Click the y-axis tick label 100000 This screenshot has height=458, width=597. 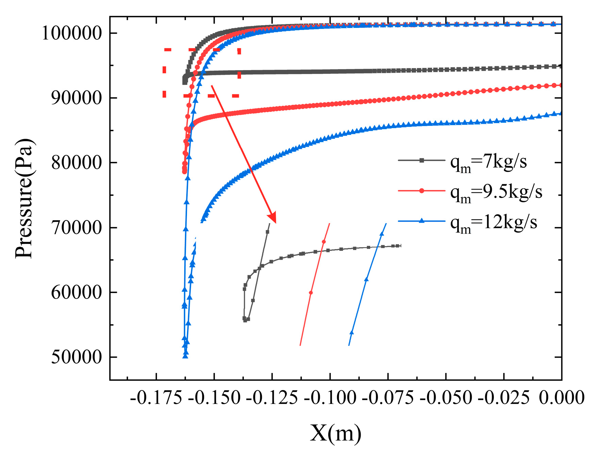pyautogui.click(x=72, y=34)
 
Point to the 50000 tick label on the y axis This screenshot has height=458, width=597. pyautogui.click(x=76, y=357)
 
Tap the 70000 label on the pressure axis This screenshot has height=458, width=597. pyautogui.click(x=76, y=228)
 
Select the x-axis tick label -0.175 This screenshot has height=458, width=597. pyautogui.click(x=156, y=397)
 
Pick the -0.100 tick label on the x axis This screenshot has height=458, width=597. pyautogui.click(x=330, y=397)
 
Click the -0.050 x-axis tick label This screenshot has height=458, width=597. pyautogui.click(x=445, y=397)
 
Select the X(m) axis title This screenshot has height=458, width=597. pyautogui.click(x=335, y=434)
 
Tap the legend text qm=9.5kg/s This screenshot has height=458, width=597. pyautogui.click(x=496, y=192)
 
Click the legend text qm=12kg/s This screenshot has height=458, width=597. pyautogui.click(x=493, y=223)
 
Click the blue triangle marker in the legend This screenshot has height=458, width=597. pyautogui.click(x=422, y=221)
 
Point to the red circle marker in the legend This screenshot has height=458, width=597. pyautogui.click(x=422, y=191)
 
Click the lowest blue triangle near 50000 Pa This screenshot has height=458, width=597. pyautogui.click(x=185, y=356)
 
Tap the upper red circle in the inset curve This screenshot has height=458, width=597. pyautogui.click(x=324, y=242)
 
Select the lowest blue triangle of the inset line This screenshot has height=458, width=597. pyautogui.click(x=351, y=332)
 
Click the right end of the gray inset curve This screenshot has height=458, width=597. pyautogui.click(x=400, y=245)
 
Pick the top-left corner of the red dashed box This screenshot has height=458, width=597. pyautogui.click(x=165, y=50)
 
